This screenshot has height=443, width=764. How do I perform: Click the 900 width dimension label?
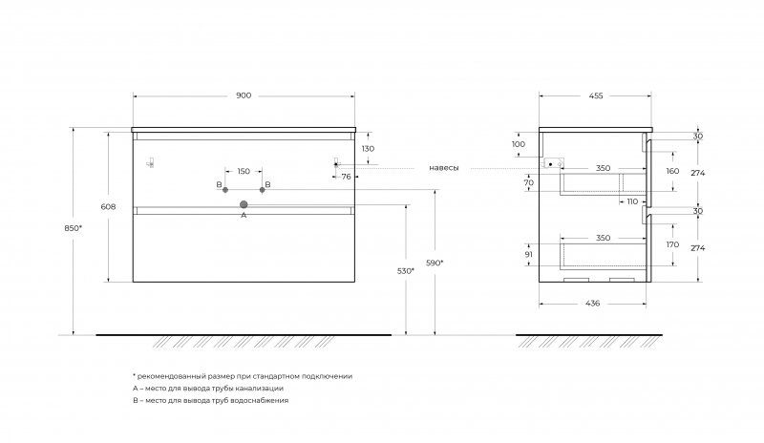(x=244, y=95)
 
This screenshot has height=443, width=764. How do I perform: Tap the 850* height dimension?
(x=74, y=227)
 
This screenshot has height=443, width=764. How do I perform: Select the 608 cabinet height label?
(x=108, y=206)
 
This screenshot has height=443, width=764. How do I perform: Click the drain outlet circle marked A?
(x=244, y=204)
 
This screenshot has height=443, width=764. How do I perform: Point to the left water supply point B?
(x=225, y=190)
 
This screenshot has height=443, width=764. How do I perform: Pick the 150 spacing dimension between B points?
(x=244, y=171)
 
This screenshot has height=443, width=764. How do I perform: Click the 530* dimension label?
(x=405, y=271)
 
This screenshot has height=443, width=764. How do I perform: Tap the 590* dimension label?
(x=435, y=264)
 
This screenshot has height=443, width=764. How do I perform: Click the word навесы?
(x=444, y=168)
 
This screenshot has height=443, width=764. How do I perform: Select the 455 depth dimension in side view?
(x=596, y=96)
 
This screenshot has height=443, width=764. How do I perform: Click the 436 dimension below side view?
(x=592, y=304)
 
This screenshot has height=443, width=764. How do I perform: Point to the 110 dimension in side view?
(x=632, y=201)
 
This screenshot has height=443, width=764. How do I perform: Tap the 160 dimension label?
(x=672, y=171)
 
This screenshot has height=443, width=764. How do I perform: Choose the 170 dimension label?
(x=672, y=244)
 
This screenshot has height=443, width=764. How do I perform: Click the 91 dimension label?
(x=529, y=254)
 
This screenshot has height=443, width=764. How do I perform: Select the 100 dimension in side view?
(x=519, y=144)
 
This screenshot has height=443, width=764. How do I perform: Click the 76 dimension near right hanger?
(x=346, y=177)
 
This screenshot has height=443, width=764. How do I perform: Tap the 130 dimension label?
(x=368, y=149)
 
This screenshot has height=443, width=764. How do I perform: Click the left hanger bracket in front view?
(x=151, y=163)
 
